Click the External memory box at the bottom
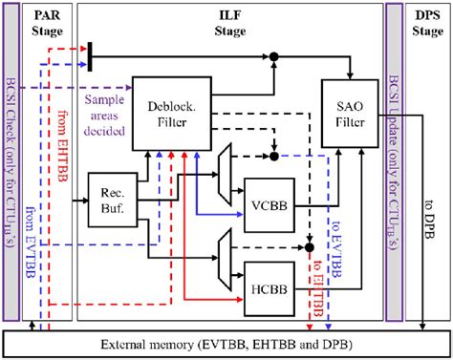coord(226,343)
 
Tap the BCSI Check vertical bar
coord(13,162)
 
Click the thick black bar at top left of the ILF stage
coord(89,55)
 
